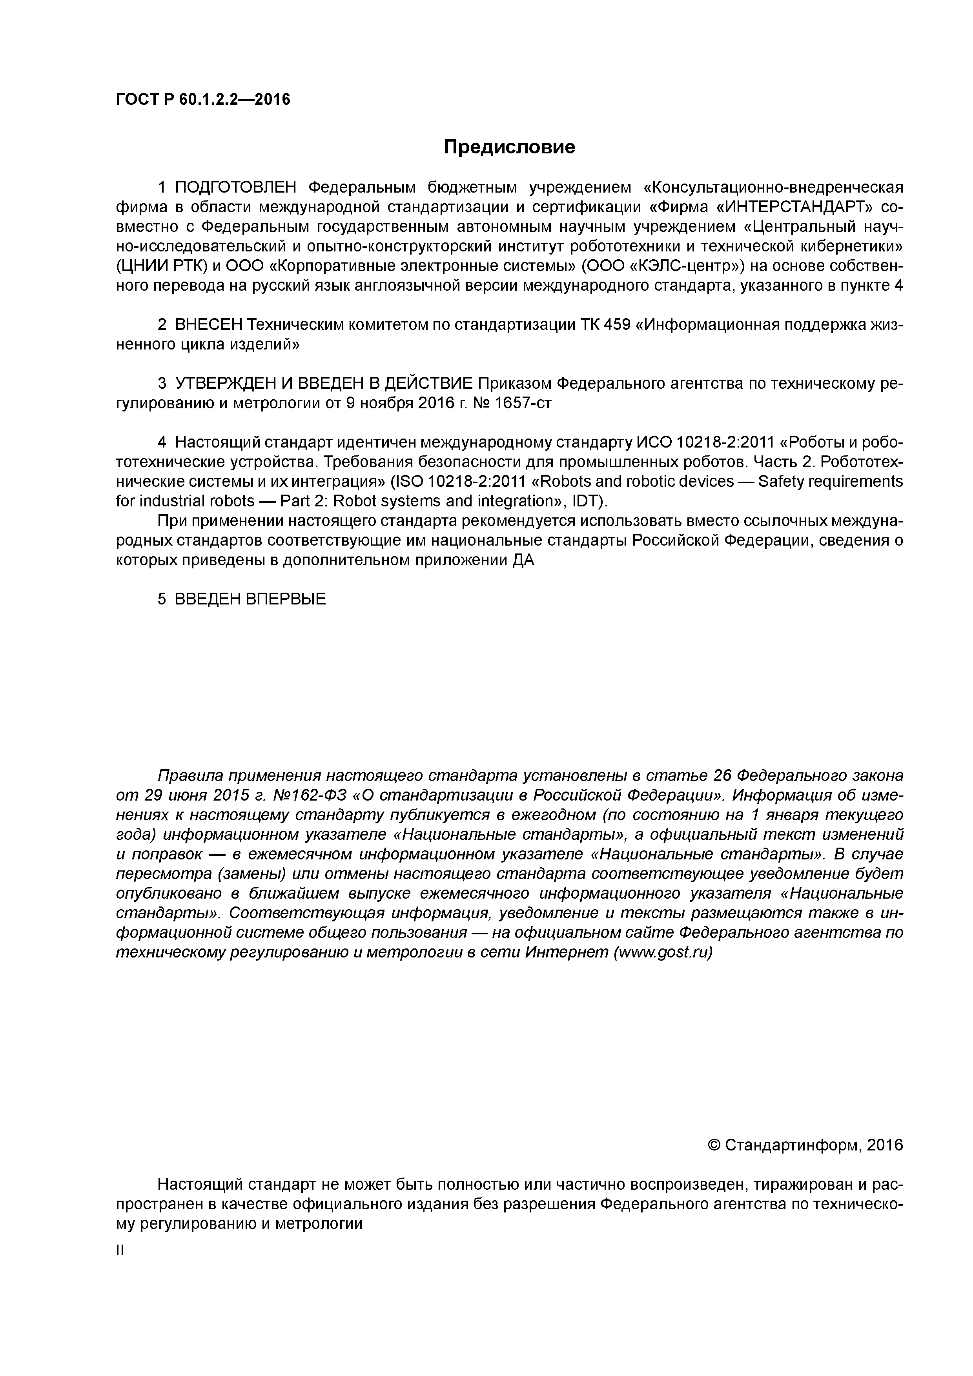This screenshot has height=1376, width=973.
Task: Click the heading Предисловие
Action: pos(509,147)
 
